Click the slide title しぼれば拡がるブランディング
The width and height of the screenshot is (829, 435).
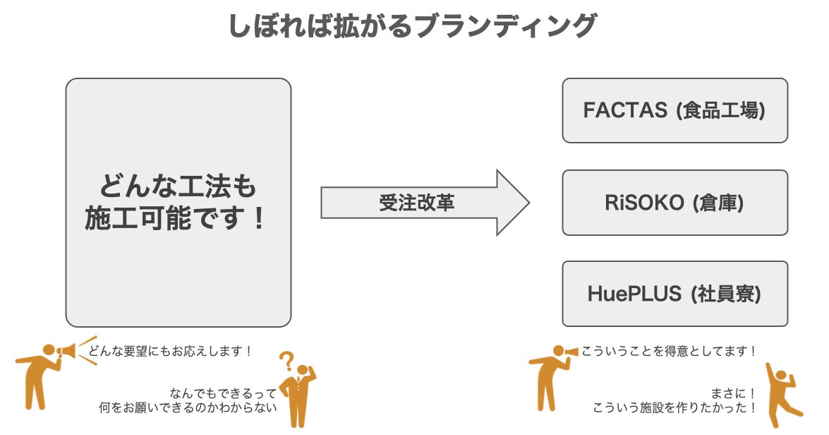coord(413,26)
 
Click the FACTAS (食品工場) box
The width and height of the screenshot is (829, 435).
coord(674,111)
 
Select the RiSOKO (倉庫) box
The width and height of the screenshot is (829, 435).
coord(674,203)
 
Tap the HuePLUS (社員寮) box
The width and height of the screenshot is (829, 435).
coord(674,294)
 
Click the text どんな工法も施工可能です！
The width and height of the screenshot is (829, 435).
coord(178,203)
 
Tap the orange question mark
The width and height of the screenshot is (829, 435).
coord(286,362)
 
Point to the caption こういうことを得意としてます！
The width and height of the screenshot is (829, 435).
coord(669,351)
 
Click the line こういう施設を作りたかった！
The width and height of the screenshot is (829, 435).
coord(675,407)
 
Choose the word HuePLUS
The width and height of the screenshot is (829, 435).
coord(634,294)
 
